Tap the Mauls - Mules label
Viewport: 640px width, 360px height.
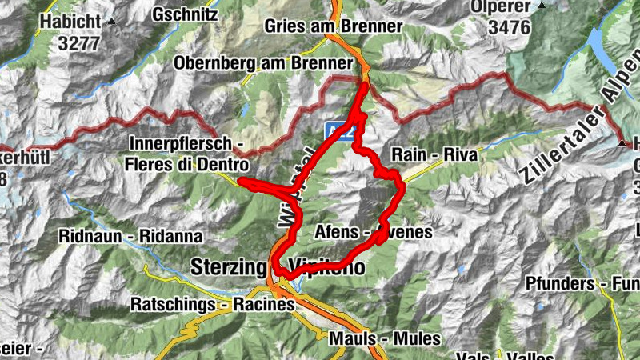[x=384, y=338]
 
